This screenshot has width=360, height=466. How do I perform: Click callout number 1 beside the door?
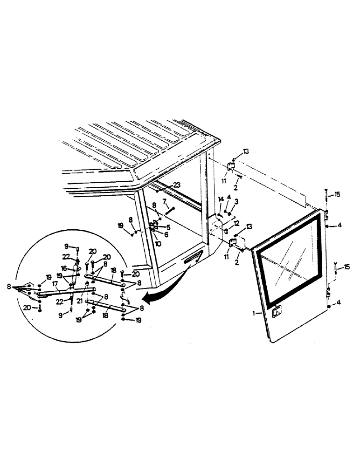254,314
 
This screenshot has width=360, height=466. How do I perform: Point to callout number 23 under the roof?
177,185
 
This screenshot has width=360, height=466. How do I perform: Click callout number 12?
236,223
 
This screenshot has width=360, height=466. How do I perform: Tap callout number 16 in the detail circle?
63,268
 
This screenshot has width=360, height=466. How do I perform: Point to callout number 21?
79,302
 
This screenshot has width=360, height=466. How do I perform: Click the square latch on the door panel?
277,313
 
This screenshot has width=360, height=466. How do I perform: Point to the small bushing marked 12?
226,231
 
